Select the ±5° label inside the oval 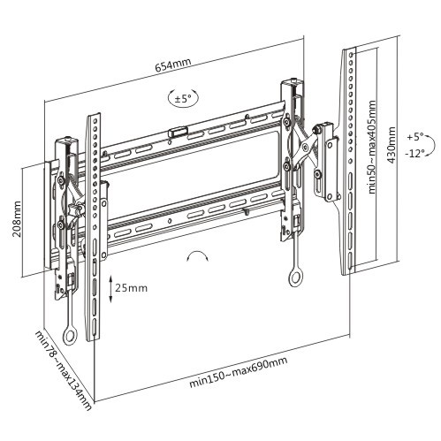point(183,99)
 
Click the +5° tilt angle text point(415,138)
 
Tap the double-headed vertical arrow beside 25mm point(110,288)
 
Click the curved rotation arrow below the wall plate point(196,257)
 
